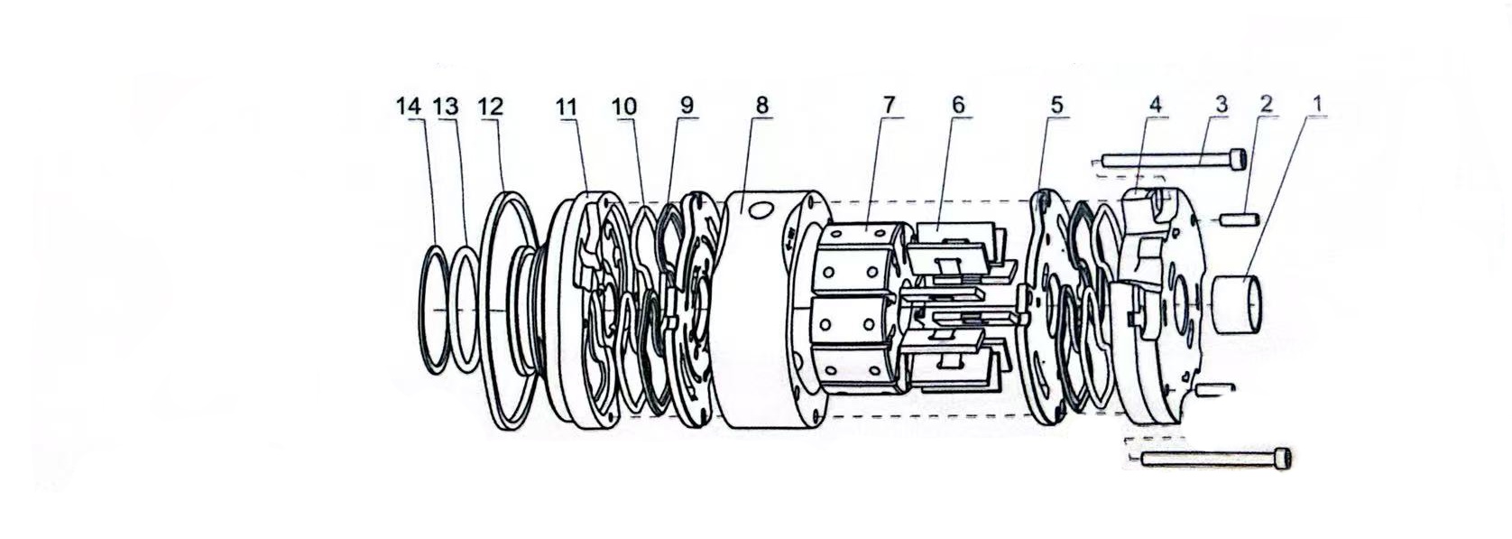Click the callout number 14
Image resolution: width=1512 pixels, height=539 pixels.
[409, 107]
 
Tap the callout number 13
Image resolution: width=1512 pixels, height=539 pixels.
[446, 107]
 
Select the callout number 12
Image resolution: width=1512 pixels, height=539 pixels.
[491, 107]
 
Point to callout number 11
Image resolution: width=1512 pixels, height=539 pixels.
[567, 107]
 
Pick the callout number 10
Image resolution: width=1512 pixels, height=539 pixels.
[624, 107]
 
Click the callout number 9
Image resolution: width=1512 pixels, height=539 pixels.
[687, 106]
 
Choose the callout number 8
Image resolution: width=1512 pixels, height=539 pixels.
[762, 106]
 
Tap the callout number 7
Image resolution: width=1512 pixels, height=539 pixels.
[889, 105]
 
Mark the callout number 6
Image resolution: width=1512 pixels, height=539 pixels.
[958, 105]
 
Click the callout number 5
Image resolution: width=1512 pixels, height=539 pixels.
[1056, 105]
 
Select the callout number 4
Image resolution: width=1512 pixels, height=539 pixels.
[1155, 105]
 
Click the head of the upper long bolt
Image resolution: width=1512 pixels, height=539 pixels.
[1238, 160]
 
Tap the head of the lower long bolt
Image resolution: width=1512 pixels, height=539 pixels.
[1283, 459]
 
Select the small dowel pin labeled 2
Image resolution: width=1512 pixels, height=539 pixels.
[1239, 219]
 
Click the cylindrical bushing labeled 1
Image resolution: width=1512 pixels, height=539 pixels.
[1237, 304]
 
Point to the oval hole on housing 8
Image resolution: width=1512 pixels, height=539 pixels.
[760, 210]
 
